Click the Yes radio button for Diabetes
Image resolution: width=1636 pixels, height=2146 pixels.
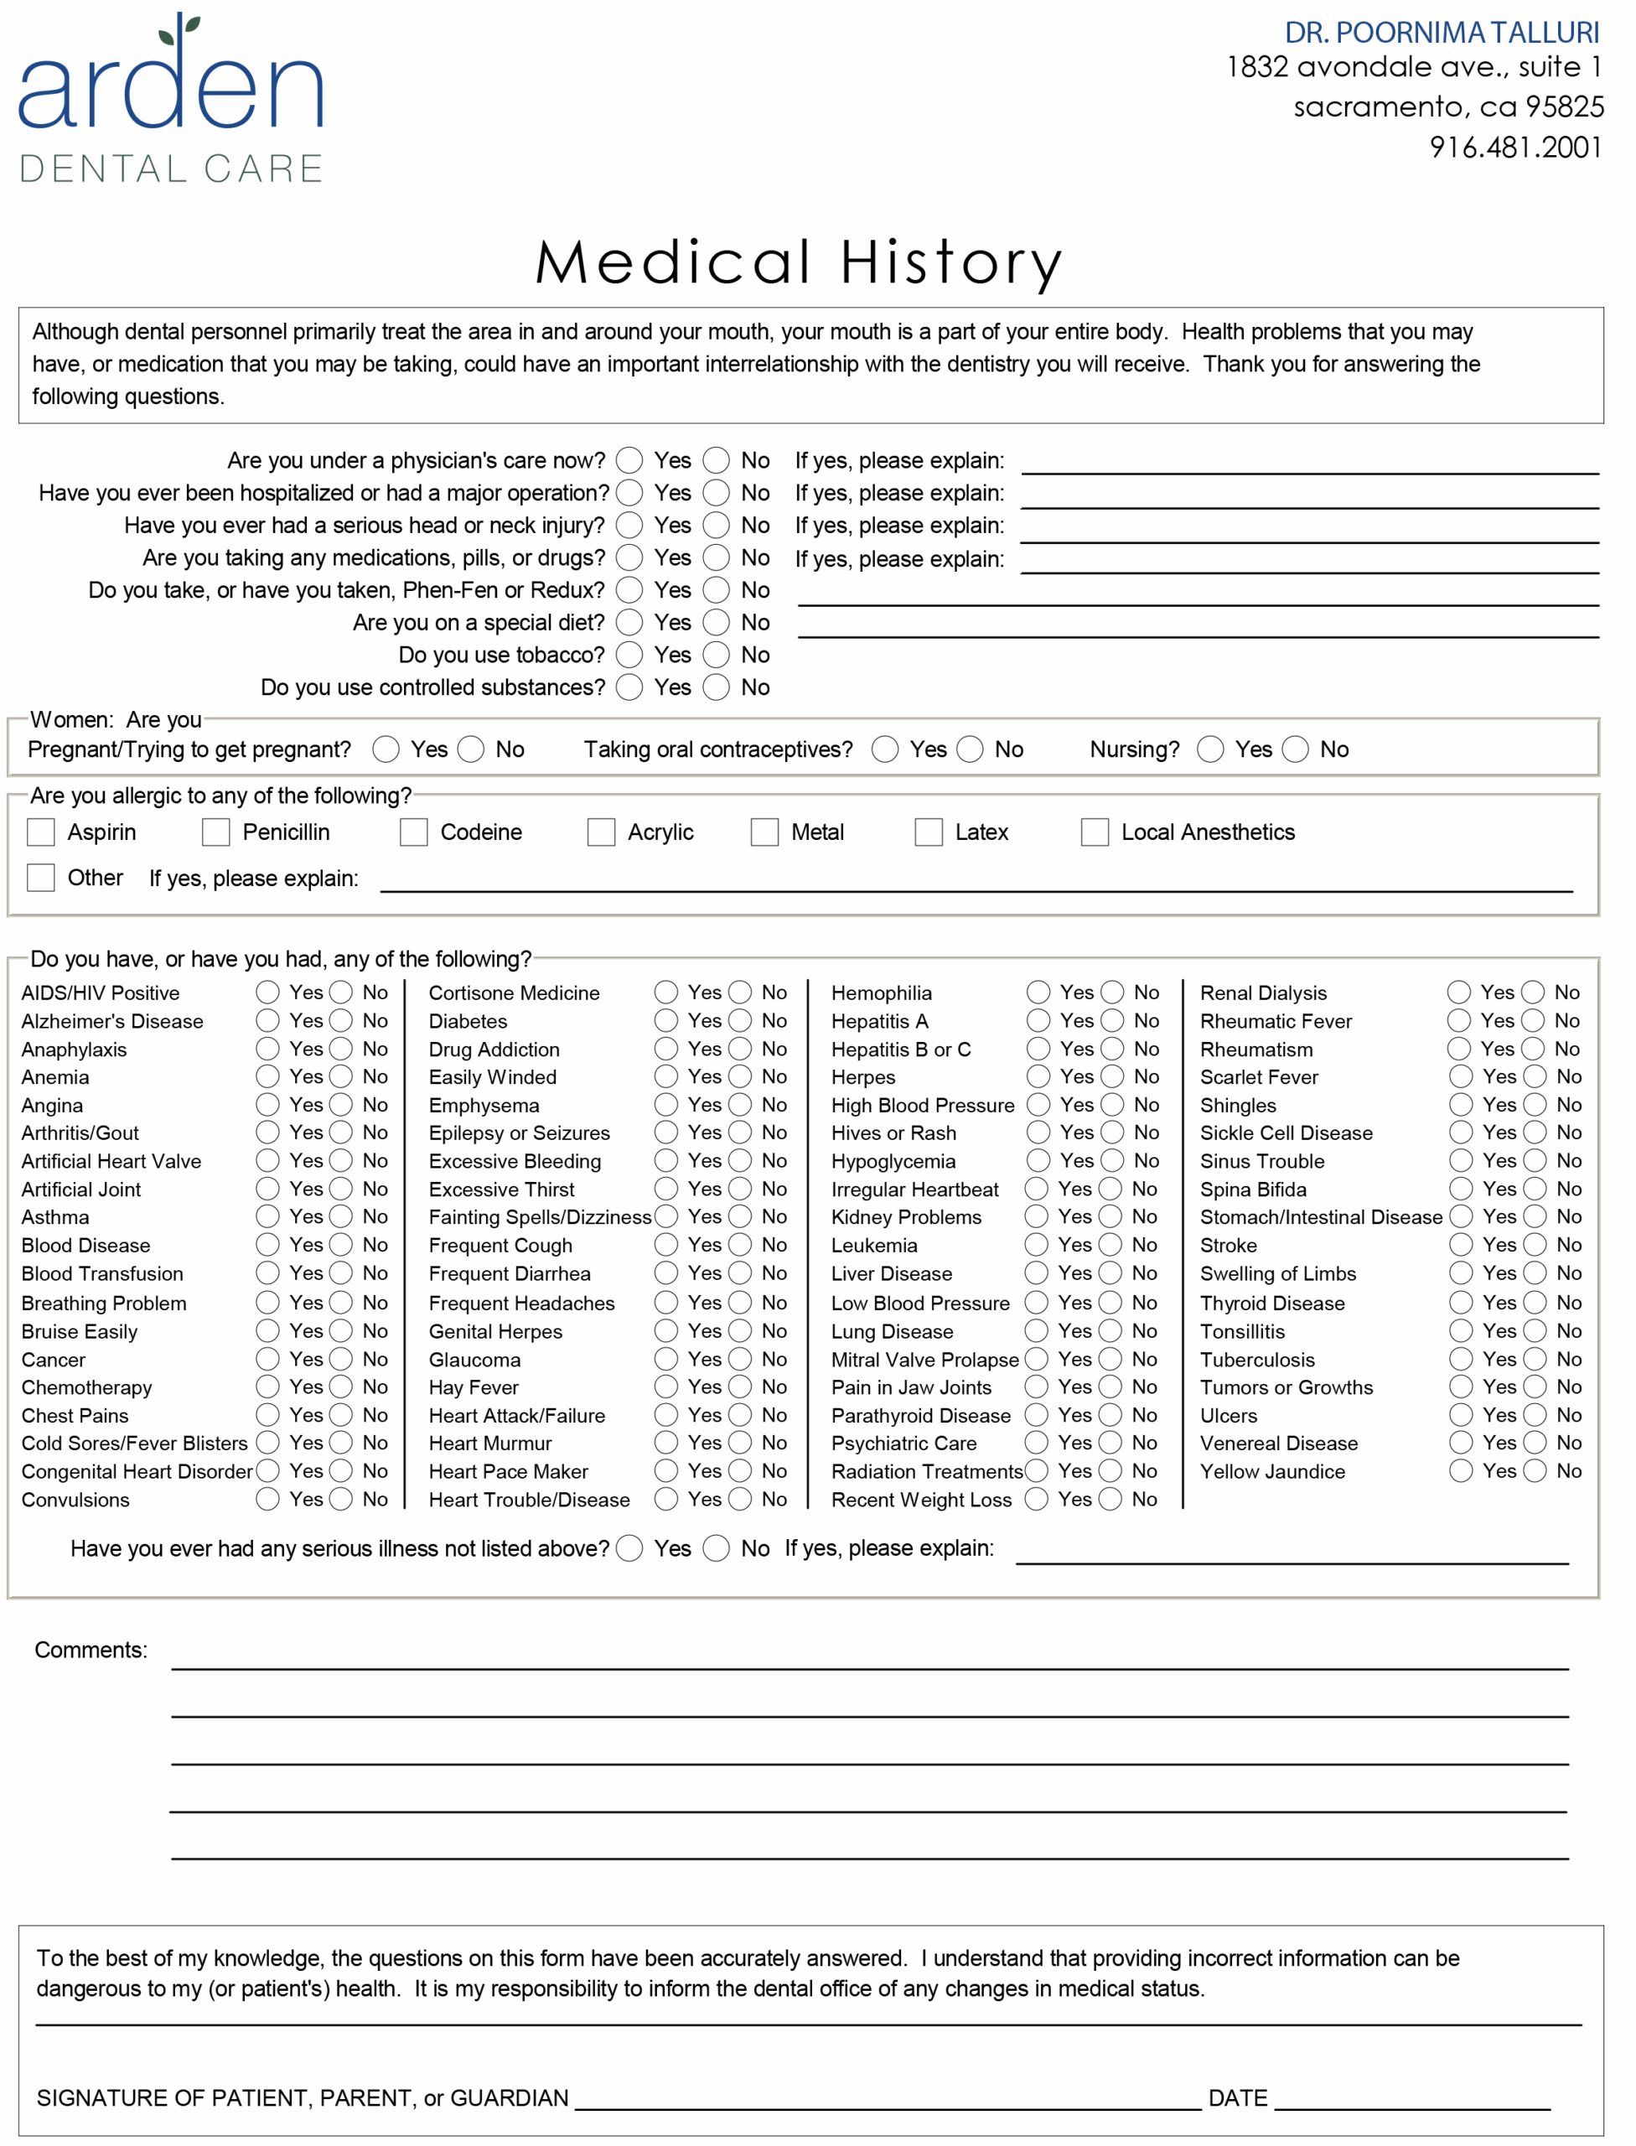pyautogui.click(x=666, y=1020)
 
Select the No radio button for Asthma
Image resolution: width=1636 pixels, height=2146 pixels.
pyautogui.click(x=341, y=1216)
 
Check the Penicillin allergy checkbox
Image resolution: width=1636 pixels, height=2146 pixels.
pyautogui.click(x=215, y=832)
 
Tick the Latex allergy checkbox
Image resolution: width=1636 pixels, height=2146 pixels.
pyautogui.click(x=928, y=832)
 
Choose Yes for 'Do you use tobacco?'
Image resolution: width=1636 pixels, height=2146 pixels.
pyautogui.click(x=629, y=655)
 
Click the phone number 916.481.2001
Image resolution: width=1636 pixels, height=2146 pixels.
pyautogui.click(x=1514, y=147)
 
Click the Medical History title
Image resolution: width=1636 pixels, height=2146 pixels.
pyautogui.click(x=799, y=262)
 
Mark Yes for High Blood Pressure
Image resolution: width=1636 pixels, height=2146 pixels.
pyautogui.click(x=1038, y=1104)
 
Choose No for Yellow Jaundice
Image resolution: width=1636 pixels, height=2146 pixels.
pyautogui.click(x=1534, y=1470)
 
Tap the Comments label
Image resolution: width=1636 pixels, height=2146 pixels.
pyautogui.click(x=91, y=1649)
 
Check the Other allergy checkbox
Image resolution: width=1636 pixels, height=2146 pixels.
pyautogui.click(x=41, y=877)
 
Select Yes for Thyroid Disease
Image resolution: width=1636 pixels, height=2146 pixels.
pyautogui.click(x=1461, y=1302)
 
